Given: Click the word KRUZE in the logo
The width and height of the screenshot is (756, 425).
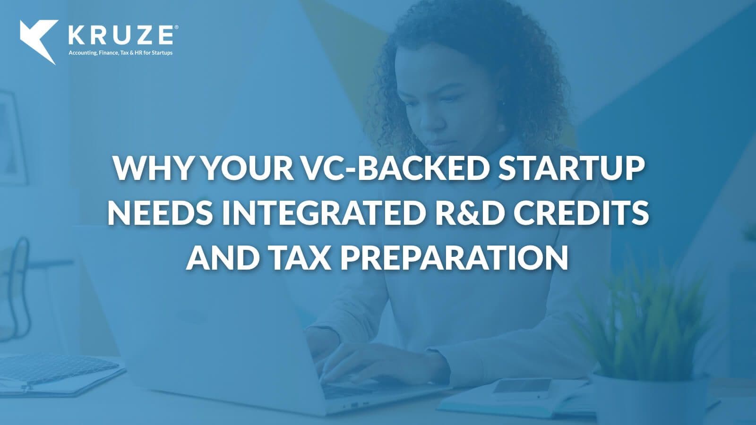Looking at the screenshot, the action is [x=121, y=35].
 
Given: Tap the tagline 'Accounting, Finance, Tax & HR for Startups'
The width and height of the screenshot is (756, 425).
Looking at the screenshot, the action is [x=120, y=53].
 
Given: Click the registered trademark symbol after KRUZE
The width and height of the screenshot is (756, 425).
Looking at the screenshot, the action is [x=176, y=27].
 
